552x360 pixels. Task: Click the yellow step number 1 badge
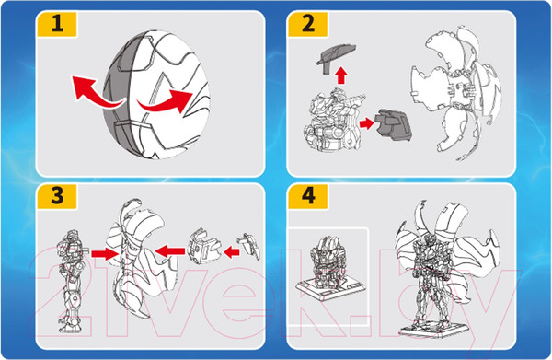(x=57, y=24)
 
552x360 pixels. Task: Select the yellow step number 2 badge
(x=307, y=24)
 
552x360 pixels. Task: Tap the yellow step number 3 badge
(x=57, y=196)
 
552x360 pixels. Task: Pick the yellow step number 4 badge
(x=307, y=196)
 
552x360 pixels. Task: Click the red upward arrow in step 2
(x=340, y=75)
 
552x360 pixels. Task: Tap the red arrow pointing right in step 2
(x=366, y=123)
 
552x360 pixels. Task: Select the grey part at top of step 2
(x=336, y=56)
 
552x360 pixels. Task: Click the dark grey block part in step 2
(x=394, y=124)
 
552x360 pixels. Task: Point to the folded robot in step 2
(x=333, y=120)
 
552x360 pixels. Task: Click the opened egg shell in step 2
(x=456, y=92)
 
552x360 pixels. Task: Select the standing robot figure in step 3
(x=71, y=281)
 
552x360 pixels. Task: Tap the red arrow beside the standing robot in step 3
(x=104, y=253)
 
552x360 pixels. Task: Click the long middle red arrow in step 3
(x=169, y=251)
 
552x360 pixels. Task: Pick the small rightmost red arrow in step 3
(x=232, y=252)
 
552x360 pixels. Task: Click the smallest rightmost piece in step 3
(x=250, y=246)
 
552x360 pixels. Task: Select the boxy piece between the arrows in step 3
(x=204, y=246)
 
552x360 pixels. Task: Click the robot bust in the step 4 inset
(x=326, y=261)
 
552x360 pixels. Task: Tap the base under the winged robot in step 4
(x=434, y=329)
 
